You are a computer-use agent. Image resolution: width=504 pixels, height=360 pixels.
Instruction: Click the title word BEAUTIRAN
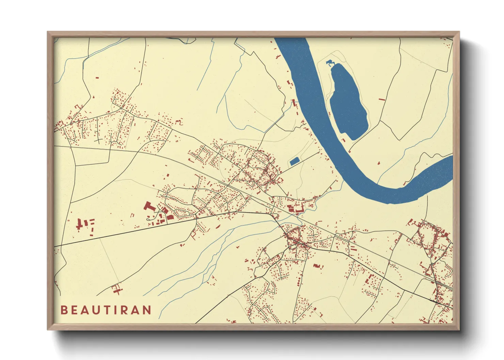(x=106, y=310)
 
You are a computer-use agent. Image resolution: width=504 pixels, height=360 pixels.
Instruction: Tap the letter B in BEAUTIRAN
(x=64, y=310)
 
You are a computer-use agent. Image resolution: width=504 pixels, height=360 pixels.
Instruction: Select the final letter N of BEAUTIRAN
(x=147, y=310)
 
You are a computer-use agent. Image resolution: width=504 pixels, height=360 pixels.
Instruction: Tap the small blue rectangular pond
(x=294, y=161)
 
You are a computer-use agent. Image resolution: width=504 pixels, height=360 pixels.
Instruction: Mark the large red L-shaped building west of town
(x=149, y=207)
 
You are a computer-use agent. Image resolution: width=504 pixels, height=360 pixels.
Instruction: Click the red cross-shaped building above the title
(x=116, y=289)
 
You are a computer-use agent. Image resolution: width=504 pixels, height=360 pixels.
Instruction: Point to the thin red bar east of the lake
(x=382, y=100)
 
